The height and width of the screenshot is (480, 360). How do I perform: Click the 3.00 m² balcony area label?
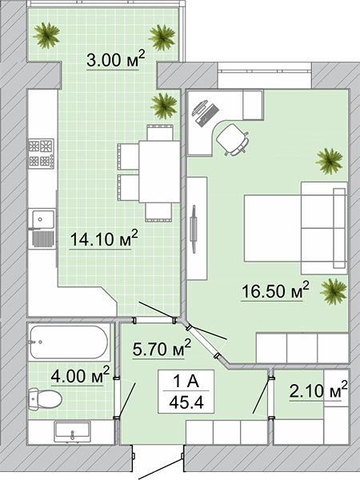click(115, 59)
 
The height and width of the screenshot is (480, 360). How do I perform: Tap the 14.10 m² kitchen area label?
click(104, 238)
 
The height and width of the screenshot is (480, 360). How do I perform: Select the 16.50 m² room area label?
click(275, 290)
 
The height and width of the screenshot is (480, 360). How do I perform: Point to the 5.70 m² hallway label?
click(162, 348)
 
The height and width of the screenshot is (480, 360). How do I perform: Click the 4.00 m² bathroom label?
click(80, 375)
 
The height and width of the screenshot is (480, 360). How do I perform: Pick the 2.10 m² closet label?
click(318, 390)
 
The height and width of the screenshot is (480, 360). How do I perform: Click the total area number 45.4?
click(186, 402)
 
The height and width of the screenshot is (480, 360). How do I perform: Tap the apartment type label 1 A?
click(186, 382)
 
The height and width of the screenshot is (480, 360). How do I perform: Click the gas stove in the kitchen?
click(42, 154)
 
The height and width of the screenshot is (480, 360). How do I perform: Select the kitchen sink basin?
click(41, 219)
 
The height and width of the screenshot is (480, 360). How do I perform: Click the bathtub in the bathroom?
click(69, 342)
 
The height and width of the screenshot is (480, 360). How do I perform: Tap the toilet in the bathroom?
click(45, 398)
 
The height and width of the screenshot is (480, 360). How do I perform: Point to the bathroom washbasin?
click(72, 432)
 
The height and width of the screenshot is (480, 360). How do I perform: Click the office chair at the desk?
click(233, 139)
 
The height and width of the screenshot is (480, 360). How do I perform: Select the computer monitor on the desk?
click(199, 108)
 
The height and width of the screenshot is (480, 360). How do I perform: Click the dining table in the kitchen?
click(159, 171)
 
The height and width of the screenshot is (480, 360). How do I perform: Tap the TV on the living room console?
click(194, 229)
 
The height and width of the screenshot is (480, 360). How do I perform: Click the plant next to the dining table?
click(164, 106)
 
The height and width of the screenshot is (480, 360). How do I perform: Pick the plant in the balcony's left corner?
click(46, 35)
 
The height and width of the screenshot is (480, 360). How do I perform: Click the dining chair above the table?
click(160, 132)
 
